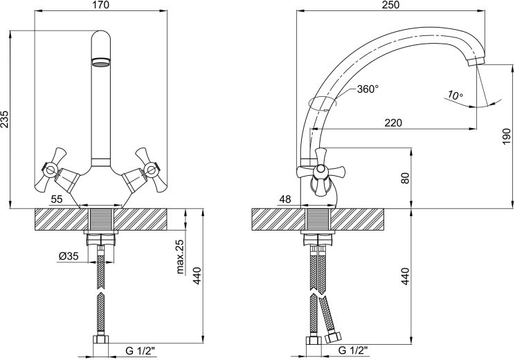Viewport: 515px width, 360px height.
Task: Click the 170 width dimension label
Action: (x=101, y=5)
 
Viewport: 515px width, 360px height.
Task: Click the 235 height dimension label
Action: (x=5, y=119)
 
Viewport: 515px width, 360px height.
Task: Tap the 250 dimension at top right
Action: (x=391, y=5)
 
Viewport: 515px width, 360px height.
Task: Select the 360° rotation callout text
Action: (x=368, y=89)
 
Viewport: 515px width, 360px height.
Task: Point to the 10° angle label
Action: (x=455, y=96)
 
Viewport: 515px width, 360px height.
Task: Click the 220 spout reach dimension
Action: (x=393, y=123)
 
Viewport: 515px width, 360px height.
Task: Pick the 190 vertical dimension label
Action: (x=507, y=136)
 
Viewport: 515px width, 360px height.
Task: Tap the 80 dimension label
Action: (x=406, y=178)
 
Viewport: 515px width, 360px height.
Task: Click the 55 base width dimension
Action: (x=57, y=199)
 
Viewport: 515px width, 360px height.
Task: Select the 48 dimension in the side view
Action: (x=285, y=199)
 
